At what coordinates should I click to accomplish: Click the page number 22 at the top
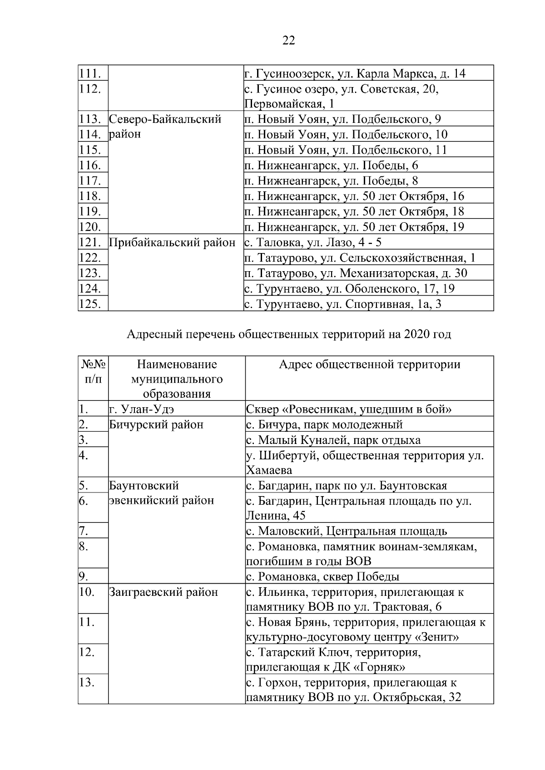coord(288,41)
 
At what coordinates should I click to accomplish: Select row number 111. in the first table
coord(90,73)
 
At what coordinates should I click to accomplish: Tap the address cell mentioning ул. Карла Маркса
coord(355,73)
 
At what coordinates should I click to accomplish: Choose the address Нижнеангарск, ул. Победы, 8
coord(332,181)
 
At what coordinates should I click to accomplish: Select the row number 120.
coord(90,227)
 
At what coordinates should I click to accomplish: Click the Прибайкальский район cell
coord(173,243)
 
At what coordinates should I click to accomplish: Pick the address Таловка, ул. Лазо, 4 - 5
coord(313,243)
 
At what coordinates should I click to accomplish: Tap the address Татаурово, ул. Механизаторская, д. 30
coord(356,273)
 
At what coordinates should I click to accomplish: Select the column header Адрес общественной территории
coord(369,365)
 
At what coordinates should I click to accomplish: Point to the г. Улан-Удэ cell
coord(142,409)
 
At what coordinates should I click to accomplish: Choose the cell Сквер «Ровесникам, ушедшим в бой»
coord(349,409)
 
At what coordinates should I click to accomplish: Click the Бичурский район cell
coord(156,425)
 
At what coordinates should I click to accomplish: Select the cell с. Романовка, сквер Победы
coord(323,577)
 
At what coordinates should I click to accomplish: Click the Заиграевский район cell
coord(163,592)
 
